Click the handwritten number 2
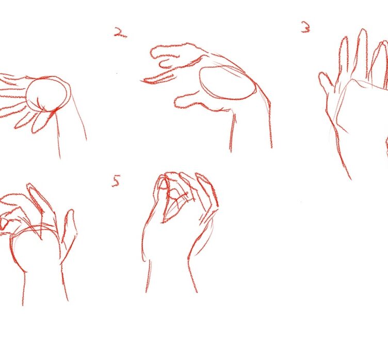120,32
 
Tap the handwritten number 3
306,27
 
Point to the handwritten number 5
116,181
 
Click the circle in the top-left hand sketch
46,94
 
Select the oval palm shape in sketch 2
227,82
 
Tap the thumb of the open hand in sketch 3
326,81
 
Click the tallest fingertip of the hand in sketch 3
363,30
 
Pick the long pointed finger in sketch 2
158,77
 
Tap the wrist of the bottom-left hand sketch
44,287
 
